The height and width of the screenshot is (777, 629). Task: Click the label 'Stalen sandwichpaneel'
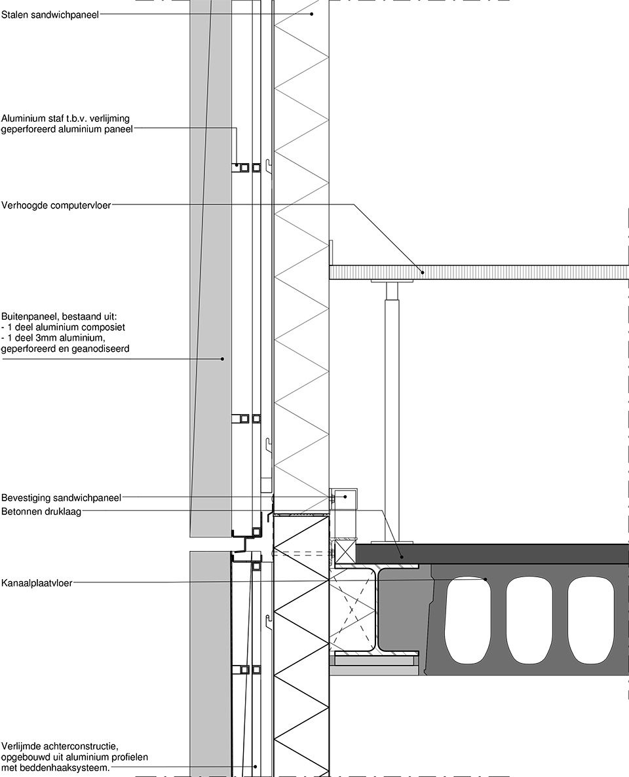[x=50, y=15]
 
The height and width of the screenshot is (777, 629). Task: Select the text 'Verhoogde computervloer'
[x=56, y=205]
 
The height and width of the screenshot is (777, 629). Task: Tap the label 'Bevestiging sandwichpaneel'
[x=61, y=497]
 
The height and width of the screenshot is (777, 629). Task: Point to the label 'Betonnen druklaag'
[x=41, y=512]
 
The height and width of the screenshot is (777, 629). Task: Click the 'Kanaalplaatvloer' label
[x=37, y=583]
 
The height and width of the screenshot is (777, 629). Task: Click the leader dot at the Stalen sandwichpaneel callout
[x=312, y=14]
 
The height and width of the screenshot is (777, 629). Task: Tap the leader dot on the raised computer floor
[x=423, y=271]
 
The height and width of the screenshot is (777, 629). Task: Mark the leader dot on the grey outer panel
[x=223, y=358]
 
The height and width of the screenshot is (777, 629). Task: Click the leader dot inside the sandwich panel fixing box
[x=345, y=497]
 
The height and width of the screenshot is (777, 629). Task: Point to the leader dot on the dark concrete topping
[x=402, y=556]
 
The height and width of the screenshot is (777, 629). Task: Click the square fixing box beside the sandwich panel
[x=345, y=499]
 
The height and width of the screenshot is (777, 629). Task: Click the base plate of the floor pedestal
[x=392, y=541]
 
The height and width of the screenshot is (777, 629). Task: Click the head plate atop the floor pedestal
[x=392, y=282]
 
